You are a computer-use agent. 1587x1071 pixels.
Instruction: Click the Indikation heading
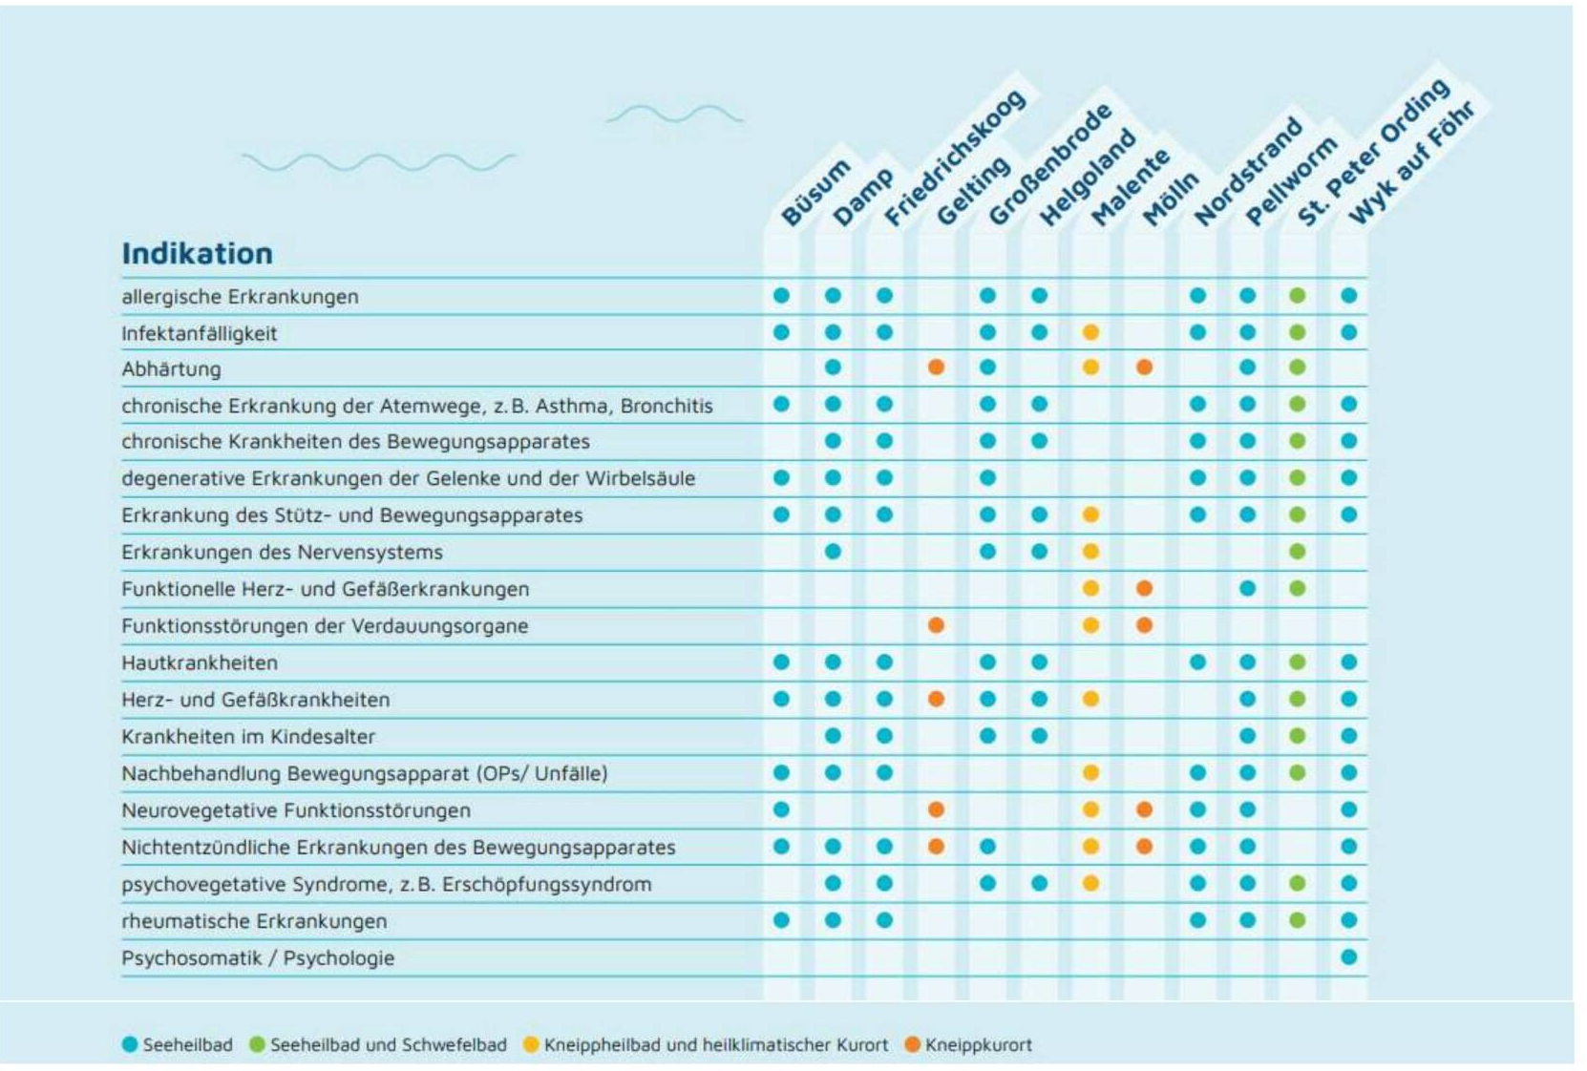point(197,254)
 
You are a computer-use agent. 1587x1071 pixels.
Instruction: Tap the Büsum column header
point(815,193)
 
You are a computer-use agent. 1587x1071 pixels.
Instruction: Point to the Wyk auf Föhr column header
point(1410,163)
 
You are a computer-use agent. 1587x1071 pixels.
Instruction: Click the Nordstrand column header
point(1248,173)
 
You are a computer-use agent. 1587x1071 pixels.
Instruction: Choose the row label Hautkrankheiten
point(199,662)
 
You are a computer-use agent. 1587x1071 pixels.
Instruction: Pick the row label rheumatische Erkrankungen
point(254,921)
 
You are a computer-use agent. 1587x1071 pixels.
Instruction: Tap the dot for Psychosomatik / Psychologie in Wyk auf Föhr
point(1348,956)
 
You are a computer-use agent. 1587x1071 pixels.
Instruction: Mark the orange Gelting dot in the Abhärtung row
point(936,367)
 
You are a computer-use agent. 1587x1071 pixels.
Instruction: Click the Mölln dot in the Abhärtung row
point(1144,367)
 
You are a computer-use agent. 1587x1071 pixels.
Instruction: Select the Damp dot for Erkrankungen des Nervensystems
point(833,552)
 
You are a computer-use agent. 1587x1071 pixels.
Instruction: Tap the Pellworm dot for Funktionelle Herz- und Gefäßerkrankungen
point(1247,589)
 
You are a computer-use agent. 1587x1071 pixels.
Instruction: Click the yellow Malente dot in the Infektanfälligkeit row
point(1090,332)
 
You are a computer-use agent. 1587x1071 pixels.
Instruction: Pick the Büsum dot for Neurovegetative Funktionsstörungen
point(781,809)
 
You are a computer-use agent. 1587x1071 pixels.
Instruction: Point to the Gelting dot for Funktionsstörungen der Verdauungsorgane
point(936,625)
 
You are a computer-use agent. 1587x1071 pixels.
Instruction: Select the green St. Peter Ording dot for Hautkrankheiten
point(1297,662)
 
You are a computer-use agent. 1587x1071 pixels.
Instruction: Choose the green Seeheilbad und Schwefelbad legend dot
point(257,1045)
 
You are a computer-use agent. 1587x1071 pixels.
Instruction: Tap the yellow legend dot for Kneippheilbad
point(531,1045)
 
